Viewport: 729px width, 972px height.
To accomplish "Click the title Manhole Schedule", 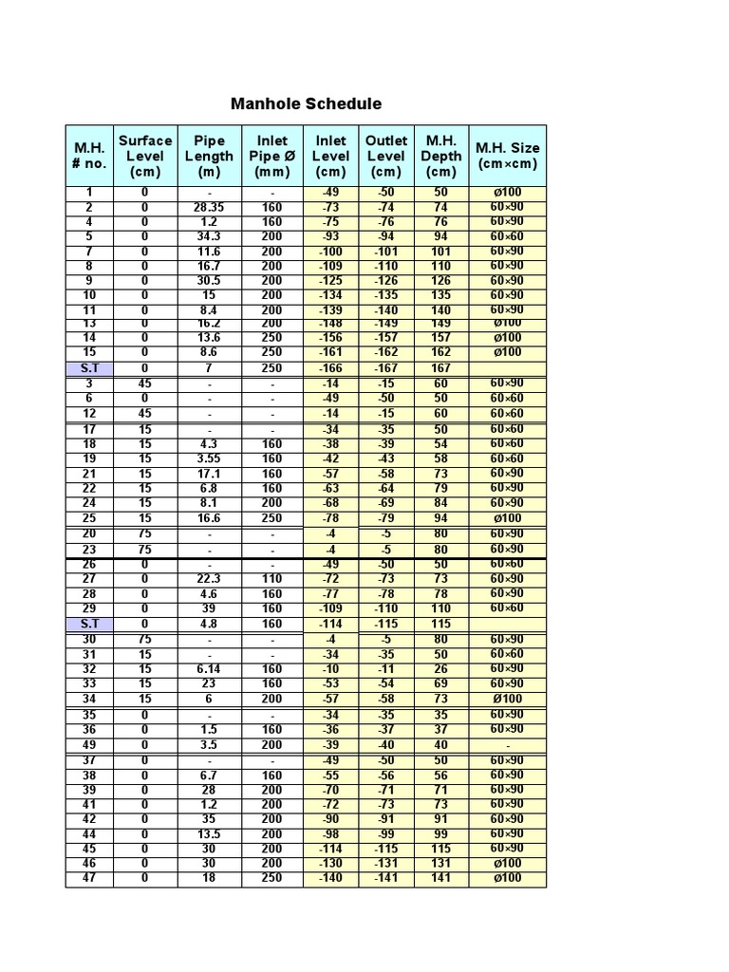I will (x=306, y=103).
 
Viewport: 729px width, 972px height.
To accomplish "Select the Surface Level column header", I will (x=145, y=156).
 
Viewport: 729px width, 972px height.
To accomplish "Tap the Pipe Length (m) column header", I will (x=209, y=156).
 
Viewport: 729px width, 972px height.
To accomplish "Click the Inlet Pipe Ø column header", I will (x=271, y=156).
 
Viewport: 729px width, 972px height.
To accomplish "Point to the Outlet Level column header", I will (x=385, y=156).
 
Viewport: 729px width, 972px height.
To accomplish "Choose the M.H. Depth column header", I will (x=441, y=156).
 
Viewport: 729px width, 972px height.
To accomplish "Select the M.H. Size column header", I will (x=509, y=156).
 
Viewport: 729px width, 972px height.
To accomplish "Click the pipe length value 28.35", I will (x=209, y=207).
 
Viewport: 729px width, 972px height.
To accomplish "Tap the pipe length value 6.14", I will (x=209, y=668).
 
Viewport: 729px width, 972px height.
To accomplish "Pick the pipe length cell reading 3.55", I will (x=209, y=458).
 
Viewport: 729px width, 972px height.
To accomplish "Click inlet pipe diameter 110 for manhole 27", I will (x=271, y=579).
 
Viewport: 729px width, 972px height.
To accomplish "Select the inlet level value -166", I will (x=330, y=368).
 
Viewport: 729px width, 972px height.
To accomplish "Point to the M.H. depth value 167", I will (x=441, y=368).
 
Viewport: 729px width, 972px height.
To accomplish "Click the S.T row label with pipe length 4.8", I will (x=89, y=624).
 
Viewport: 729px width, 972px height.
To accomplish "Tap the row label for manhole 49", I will (x=89, y=745).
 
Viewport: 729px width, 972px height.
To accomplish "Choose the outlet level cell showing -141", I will (x=385, y=878).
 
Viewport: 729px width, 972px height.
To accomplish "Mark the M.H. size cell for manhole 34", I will (x=509, y=699).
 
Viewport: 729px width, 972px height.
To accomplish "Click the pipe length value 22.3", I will (x=209, y=579).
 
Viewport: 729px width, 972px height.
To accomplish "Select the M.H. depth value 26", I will (x=441, y=668).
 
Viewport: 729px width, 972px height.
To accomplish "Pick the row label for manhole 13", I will (x=89, y=324).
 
